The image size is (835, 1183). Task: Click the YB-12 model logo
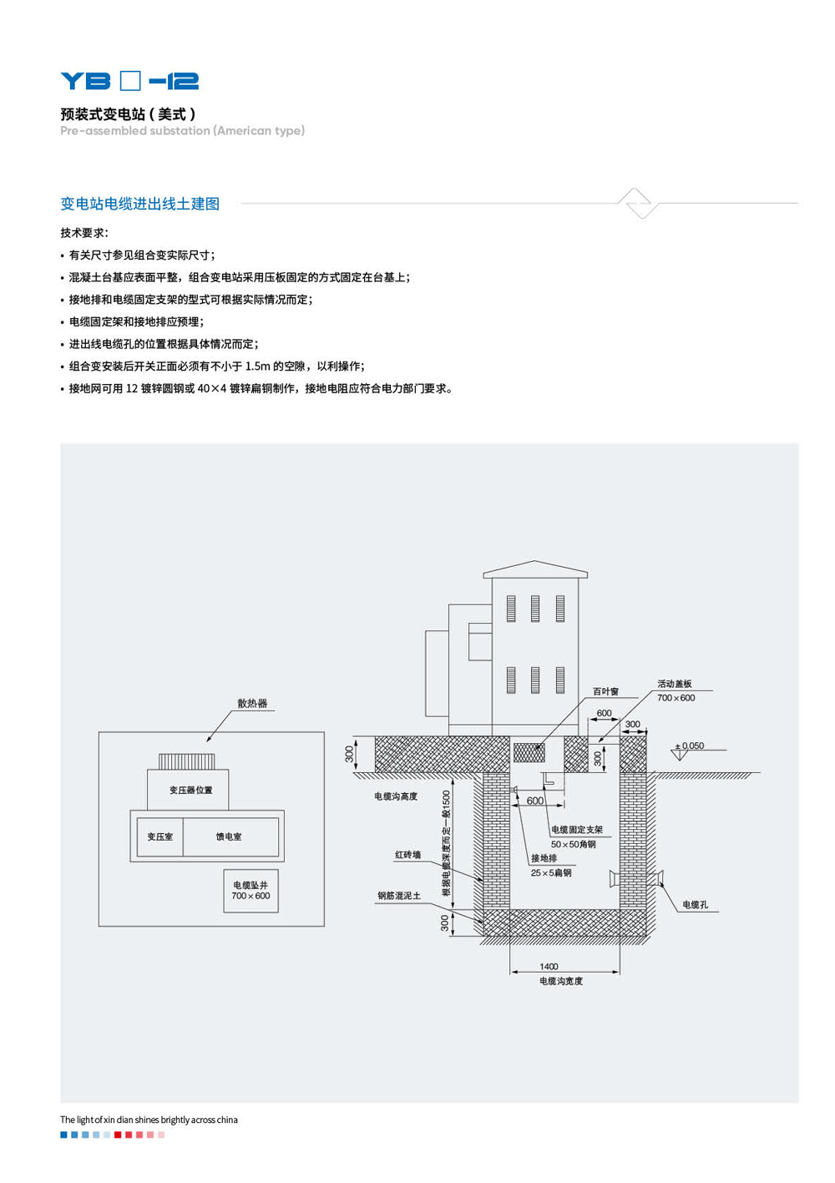click(x=129, y=81)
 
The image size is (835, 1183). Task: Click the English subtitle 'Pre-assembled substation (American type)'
click(x=182, y=131)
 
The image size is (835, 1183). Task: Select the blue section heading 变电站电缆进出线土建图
click(x=139, y=204)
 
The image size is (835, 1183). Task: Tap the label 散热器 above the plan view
click(x=252, y=704)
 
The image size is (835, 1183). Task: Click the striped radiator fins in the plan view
click(x=187, y=761)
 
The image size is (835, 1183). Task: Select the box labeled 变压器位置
click(x=190, y=790)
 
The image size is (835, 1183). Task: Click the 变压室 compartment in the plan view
click(x=159, y=837)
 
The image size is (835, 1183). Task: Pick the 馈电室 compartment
click(x=229, y=837)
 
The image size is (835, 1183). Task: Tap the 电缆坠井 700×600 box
click(x=250, y=891)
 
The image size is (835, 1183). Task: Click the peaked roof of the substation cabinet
click(x=535, y=569)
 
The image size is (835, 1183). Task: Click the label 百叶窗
click(x=605, y=691)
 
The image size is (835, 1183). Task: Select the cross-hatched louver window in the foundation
click(x=529, y=752)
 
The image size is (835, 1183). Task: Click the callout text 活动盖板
click(x=675, y=684)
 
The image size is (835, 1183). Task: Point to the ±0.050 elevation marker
click(x=689, y=747)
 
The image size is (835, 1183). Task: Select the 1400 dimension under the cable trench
click(x=549, y=967)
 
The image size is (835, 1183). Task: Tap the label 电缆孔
click(x=695, y=905)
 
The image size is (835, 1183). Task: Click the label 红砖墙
click(x=407, y=855)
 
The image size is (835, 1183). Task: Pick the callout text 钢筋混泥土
click(x=399, y=896)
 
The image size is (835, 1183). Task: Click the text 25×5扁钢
click(x=551, y=873)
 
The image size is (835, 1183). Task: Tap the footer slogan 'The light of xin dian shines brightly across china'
click(x=149, y=1120)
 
